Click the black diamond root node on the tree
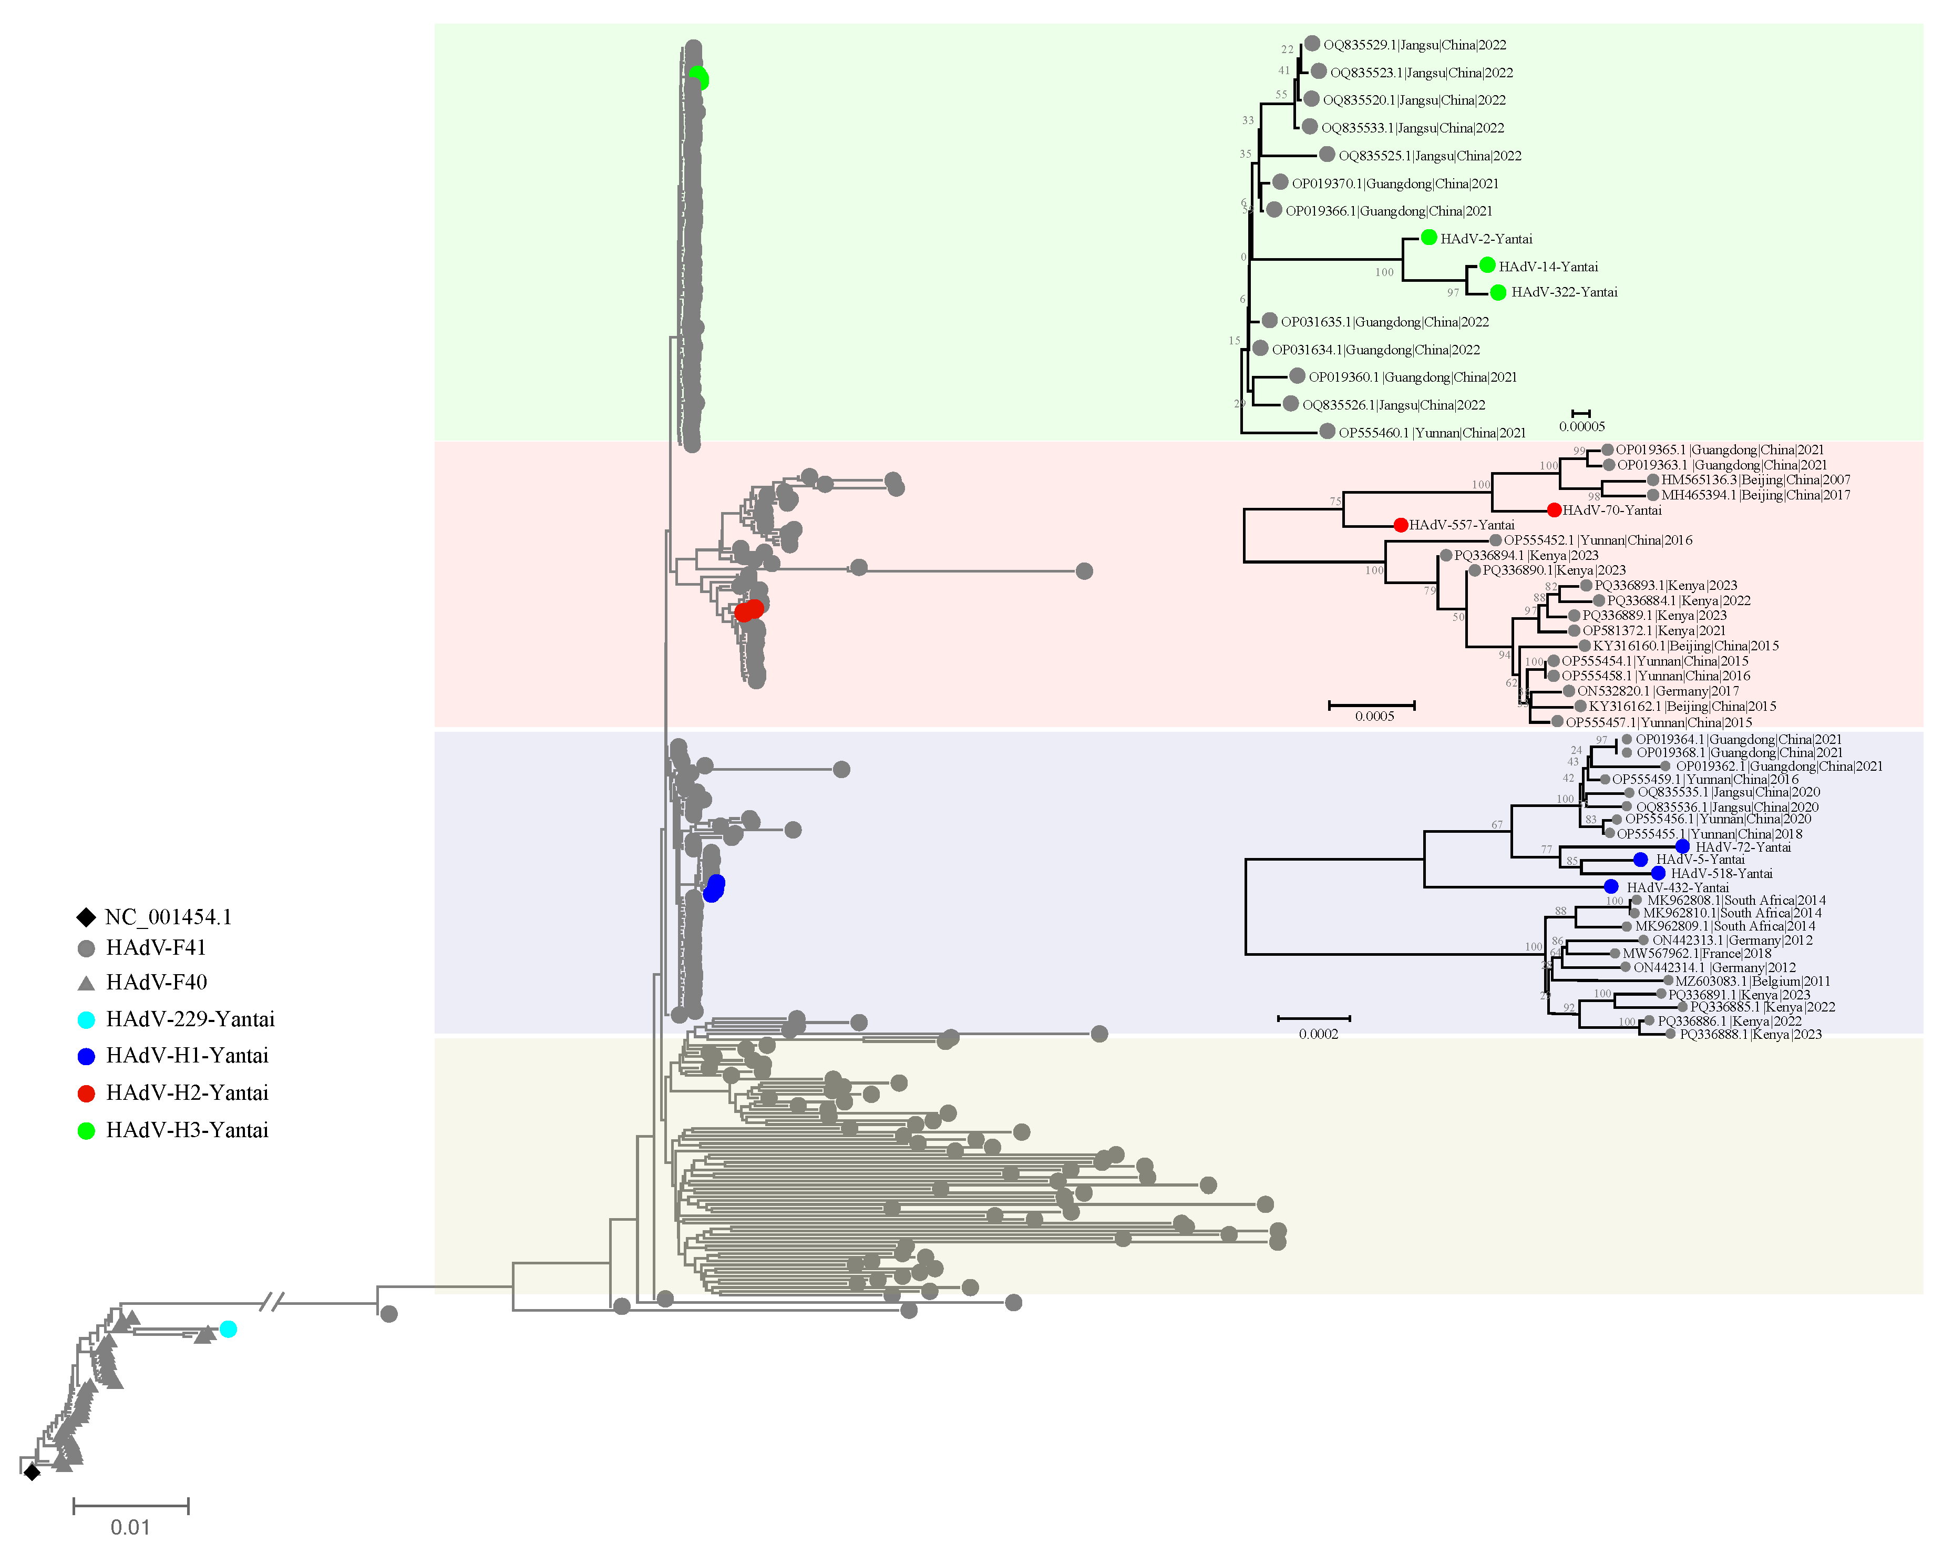[32, 1472]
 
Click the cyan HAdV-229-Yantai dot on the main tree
[228, 1329]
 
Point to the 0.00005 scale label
[1581, 426]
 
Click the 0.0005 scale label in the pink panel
[1374, 717]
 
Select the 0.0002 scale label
[1319, 1034]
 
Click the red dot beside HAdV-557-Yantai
[1401, 525]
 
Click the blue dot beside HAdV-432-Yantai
[1610, 887]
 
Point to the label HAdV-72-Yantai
[1743, 847]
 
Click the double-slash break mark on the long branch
[272, 1302]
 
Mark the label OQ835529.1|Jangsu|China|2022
[1414, 45]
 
